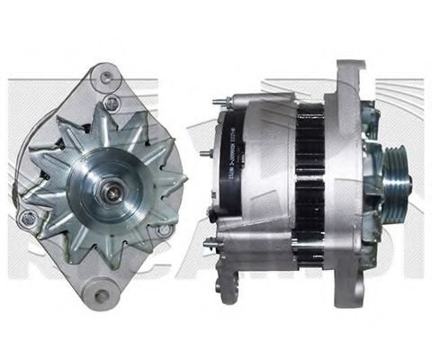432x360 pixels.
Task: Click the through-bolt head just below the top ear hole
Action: [x=112, y=101]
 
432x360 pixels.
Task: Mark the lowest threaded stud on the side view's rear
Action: [x=211, y=240]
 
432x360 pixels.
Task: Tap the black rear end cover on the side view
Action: [x=236, y=162]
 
